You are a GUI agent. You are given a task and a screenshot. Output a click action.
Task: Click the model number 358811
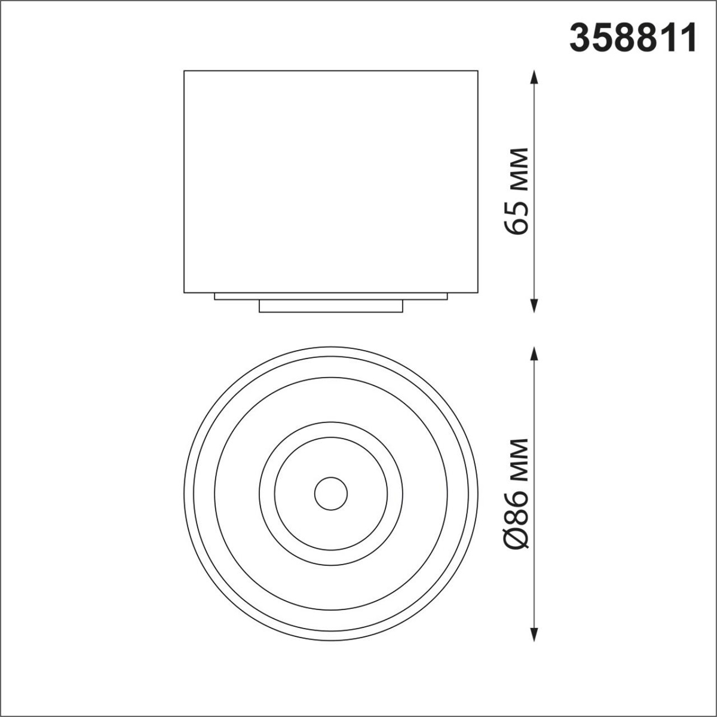tap(633, 38)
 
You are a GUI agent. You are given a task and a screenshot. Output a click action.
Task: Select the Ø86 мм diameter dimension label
tap(516, 494)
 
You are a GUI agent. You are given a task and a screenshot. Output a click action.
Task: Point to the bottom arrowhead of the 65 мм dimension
tap(534, 305)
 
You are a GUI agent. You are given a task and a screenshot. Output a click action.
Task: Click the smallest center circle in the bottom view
tap(330, 494)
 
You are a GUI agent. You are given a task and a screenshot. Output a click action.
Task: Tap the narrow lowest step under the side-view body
tap(330, 306)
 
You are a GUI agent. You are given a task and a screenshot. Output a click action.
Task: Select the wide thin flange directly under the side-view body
tap(330, 296)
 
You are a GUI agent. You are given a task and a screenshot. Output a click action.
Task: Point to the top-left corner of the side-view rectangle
tap(184, 71)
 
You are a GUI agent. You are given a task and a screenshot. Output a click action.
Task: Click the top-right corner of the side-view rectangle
tap(478, 71)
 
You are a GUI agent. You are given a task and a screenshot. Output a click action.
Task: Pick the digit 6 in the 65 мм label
tap(516, 225)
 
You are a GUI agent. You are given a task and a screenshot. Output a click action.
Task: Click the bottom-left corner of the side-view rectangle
tap(184, 293)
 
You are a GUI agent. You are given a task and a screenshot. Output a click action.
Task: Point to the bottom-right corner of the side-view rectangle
tap(478, 293)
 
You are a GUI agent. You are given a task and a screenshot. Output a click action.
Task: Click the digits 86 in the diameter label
tap(516, 507)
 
